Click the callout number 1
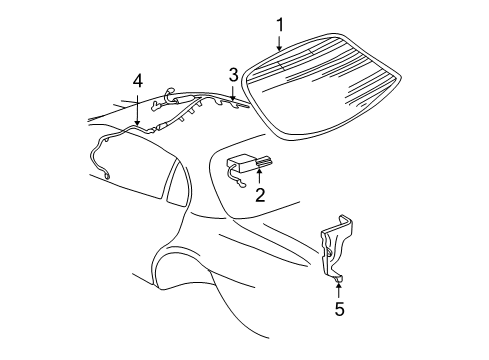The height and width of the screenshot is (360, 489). (281, 24)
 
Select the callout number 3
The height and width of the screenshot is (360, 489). (233, 73)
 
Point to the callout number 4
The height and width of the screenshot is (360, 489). (138, 81)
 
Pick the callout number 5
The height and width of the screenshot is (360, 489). (339, 310)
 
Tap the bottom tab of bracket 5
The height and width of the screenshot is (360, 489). (339, 277)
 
